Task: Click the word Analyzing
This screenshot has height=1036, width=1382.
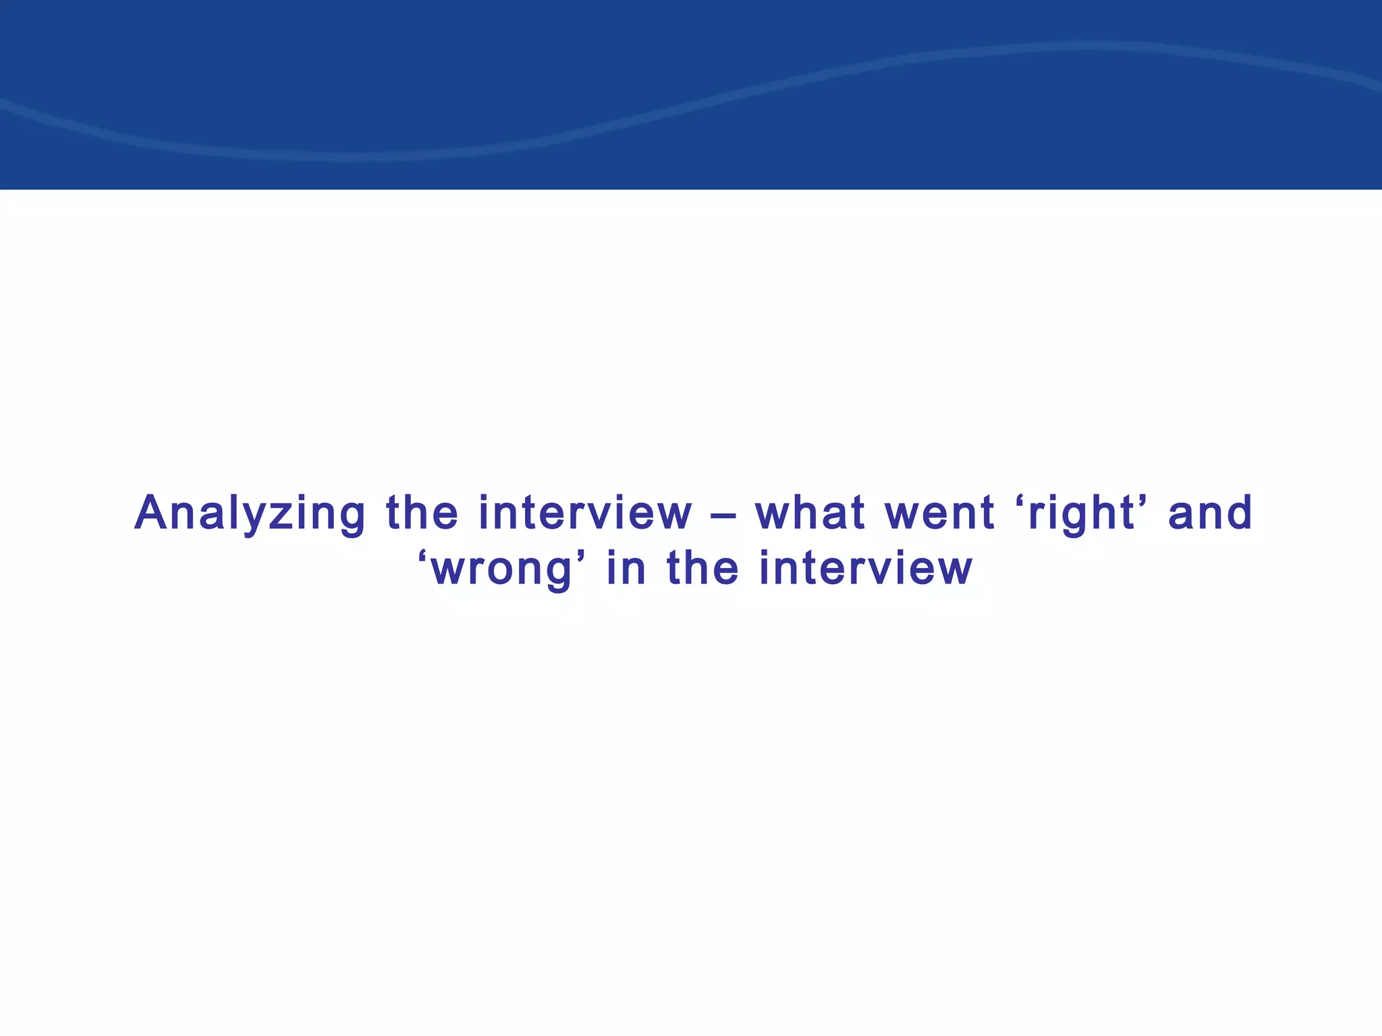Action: point(250,514)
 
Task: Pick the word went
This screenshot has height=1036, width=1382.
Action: point(939,514)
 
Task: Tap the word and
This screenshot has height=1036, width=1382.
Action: point(1210,514)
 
